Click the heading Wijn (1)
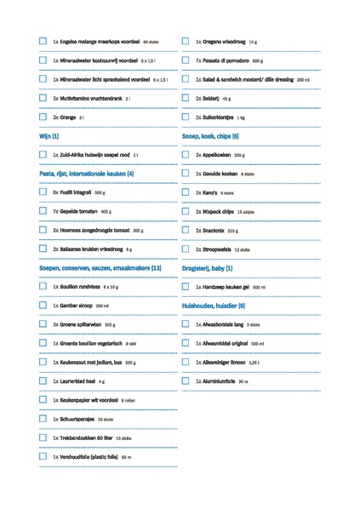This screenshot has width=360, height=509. pyautogui.click(x=49, y=136)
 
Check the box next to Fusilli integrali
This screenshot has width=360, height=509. pyautogui.click(x=43, y=192)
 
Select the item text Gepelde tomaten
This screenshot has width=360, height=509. pyautogui.click(x=82, y=211)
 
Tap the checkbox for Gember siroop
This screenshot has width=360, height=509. pyautogui.click(x=43, y=305)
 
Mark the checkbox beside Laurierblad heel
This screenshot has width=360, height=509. pyautogui.click(x=43, y=381)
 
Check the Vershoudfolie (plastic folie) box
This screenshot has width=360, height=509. pyautogui.click(x=43, y=456)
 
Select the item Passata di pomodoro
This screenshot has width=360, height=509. pyautogui.click(x=226, y=60)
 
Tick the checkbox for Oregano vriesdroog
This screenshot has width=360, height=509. pyautogui.click(x=186, y=41)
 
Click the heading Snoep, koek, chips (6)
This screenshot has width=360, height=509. pyautogui.click(x=210, y=136)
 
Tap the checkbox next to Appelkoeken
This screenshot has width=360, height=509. pyautogui.click(x=186, y=155)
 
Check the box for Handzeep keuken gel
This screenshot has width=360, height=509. pyautogui.click(x=186, y=287)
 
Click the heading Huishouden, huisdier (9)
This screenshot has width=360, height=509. pyautogui.click(x=214, y=306)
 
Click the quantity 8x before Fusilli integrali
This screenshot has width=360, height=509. pyautogui.click(x=55, y=192)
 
